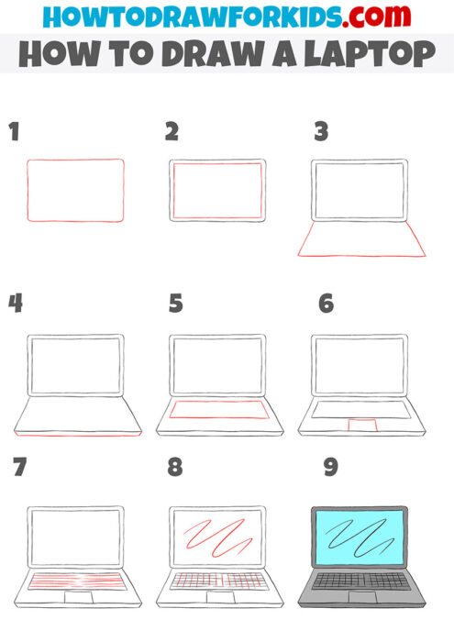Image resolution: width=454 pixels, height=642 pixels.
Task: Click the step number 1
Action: pos(14,132)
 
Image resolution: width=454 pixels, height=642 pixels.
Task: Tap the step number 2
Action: pos(172,132)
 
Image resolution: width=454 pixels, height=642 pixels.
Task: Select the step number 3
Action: pos(321,132)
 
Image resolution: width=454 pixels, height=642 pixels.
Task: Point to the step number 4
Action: pos(15,303)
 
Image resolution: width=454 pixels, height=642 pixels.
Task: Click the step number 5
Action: pos(176,303)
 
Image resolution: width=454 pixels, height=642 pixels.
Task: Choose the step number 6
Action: pos(326,303)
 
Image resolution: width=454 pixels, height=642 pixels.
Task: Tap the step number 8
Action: pos(175,468)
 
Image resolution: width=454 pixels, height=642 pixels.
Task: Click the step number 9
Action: pos(330,468)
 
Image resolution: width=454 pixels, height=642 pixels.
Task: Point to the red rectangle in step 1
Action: pos(75,191)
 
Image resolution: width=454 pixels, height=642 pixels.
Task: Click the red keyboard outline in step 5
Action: pos(218,409)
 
